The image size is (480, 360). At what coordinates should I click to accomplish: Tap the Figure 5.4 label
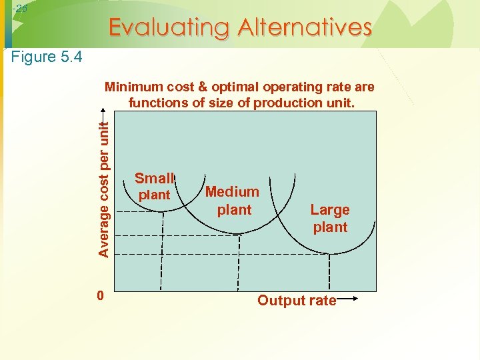[47, 57]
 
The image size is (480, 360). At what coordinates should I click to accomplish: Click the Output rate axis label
[297, 301]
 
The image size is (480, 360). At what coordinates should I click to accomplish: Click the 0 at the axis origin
[99, 295]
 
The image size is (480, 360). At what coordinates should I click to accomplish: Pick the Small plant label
[154, 186]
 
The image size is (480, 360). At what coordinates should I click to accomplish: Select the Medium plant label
[233, 201]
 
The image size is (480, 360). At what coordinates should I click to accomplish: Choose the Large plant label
[330, 218]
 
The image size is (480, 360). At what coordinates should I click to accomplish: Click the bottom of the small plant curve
[162, 211]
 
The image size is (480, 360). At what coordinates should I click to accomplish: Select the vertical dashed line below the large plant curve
[329, 273]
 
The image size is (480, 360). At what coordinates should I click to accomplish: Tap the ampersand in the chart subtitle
[198, 87]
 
